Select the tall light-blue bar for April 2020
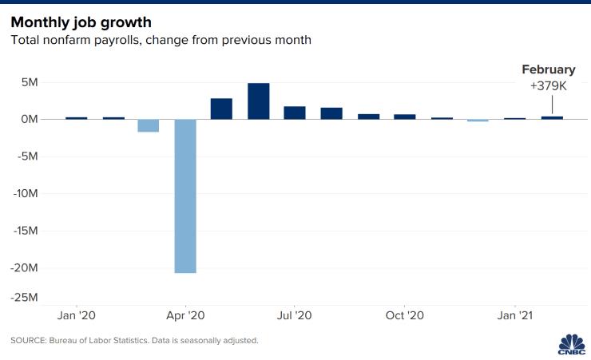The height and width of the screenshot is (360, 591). [x=185, y=196]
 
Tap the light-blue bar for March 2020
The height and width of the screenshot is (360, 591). [x=149, y=125]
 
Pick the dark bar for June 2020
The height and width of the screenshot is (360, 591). [x=258, y=101]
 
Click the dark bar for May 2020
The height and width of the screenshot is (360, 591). [x=221, y=109]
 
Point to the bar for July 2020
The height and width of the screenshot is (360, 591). [x=295, y=113]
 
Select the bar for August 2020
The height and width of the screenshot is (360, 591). [x=331, y=113]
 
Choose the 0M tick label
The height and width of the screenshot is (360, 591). [x=29, y=119]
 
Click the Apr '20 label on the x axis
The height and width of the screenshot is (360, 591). [x=185, y=315]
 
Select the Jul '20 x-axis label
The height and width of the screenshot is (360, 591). [x=295, y=315]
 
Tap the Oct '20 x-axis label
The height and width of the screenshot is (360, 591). [x=404, y=315]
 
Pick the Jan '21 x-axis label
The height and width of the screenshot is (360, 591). [x=514, y=315]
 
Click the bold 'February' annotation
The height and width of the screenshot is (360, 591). [x=548, y=69]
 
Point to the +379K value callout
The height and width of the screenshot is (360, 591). [x=548, y=85]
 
